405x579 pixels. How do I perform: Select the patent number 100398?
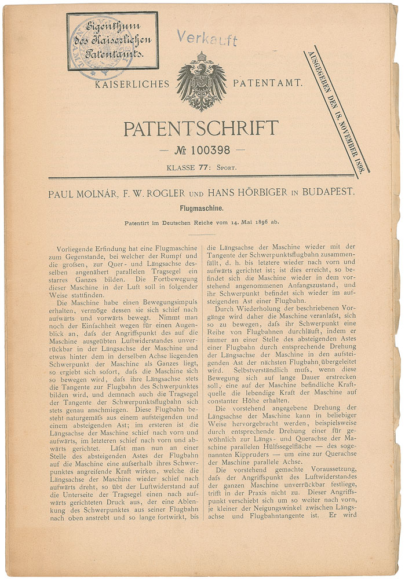tap(208, 151)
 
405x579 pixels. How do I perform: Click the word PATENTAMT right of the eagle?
tap(267, 84)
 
